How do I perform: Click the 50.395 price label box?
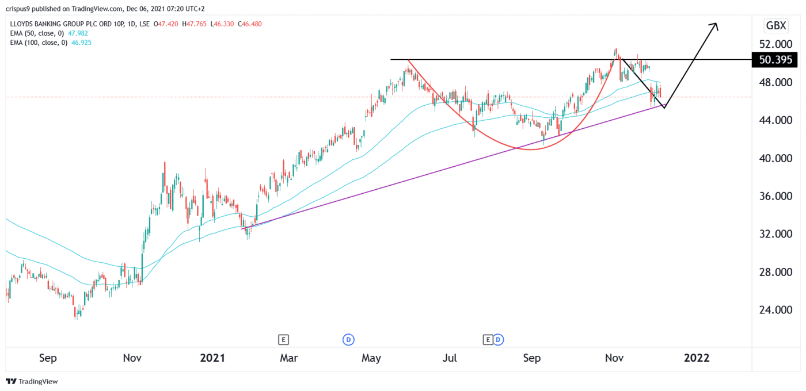(x=775, y=60)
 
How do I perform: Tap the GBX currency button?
(x=775, y=25)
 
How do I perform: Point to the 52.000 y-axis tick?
(x=775, y=44)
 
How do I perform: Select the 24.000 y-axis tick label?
(x=775, y=310)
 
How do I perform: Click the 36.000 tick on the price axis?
(x=775, y=196)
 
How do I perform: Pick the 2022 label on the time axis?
(x=697, y=358)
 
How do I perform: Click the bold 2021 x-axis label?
(x=212, y=358)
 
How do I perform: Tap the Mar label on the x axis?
(x=288, y=358)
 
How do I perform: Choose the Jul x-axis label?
(x=450, y=358)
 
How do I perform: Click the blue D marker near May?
(x=348, y=340)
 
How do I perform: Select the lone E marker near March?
(x=283, y=340)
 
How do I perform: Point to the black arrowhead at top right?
(x=714, y=25)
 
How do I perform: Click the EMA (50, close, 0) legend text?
(x=37, y=33)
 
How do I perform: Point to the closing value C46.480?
(x=265, y=25)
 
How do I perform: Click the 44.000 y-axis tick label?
(x=775, y=120)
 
